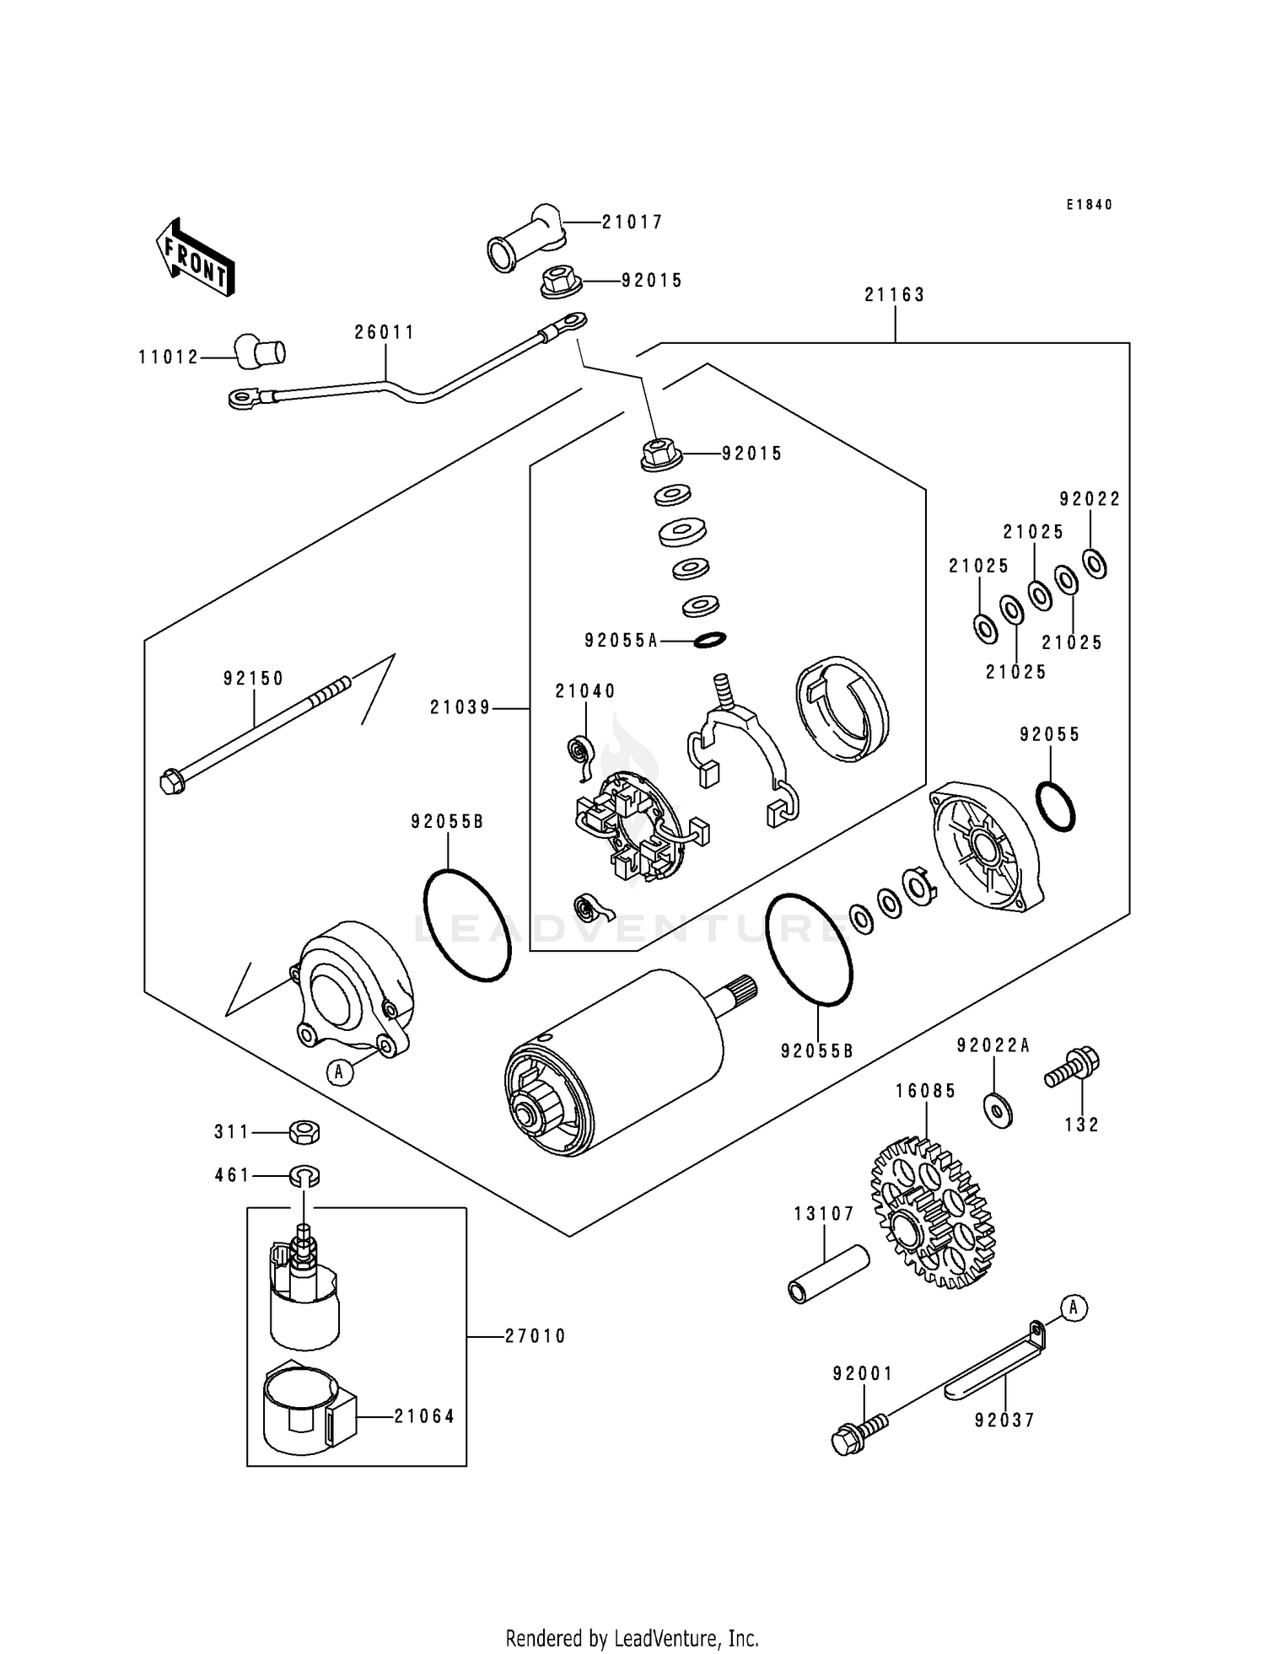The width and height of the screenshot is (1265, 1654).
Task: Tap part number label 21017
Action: pos(632,222)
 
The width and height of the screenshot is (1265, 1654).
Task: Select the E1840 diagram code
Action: pos(1089,205)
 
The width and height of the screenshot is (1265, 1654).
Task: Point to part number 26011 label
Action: pos(385,332)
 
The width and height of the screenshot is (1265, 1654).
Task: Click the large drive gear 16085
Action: pos(932,1214)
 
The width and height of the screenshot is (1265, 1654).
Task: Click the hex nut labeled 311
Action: pos(304,1131)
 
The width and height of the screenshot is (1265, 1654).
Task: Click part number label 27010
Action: pos(536,1336)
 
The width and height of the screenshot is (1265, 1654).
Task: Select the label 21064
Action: pos(424,1416)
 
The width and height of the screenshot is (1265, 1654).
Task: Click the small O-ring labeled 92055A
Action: pos(709,641)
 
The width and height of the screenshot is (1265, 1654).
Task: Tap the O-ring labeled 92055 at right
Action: pos(1055,807)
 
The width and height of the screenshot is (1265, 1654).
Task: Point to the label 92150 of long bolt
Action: pos(253,679)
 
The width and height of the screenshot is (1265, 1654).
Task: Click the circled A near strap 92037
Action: pos(1074,1308)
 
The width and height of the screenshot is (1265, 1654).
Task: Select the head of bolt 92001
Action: pos(845,1441)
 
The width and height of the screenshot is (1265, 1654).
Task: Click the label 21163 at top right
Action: pos(894,295)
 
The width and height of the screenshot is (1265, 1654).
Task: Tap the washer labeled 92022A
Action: pos(998,1110)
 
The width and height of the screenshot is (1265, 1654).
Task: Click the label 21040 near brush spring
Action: pos(584,691)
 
